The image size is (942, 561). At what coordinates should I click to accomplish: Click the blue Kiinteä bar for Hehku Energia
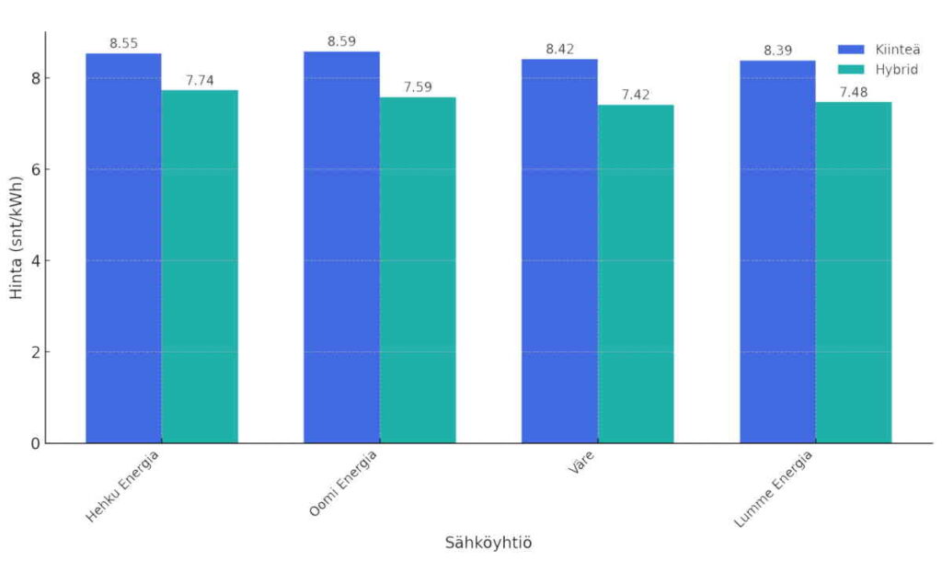tap(123, 248)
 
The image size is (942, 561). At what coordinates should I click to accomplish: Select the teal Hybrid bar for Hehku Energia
tap(200, 267)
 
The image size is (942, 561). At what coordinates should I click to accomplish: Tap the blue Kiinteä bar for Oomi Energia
tap(341, 247)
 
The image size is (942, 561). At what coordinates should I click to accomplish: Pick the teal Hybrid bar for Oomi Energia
tap(418, 270)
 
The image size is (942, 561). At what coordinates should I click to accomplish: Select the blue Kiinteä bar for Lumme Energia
tap(777, 252)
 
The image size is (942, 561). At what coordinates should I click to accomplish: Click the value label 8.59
tap(341, 41)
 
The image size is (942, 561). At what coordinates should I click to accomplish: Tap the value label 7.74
tap(200, 80)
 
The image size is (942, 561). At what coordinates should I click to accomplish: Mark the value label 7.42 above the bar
tap(636, 95)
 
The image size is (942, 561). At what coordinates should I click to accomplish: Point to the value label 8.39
tap(777, 51)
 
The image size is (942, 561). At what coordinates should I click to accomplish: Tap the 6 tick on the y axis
tap(36, 169)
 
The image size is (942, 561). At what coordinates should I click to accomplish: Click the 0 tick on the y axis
tap(36, 443)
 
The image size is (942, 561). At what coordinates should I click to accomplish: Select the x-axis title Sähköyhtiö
tap(488, 543)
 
